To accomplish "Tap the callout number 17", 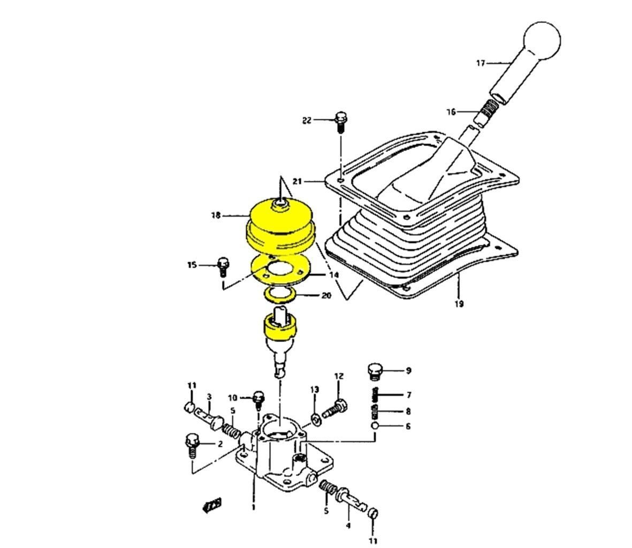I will (x=481, y=64).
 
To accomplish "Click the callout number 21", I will (x=298, y=182).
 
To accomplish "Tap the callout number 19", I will (x=459, y=304).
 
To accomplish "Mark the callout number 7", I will (x=408, y=395).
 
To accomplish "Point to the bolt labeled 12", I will (x=335, y=408).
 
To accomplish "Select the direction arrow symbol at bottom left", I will (x=212, y=505).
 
